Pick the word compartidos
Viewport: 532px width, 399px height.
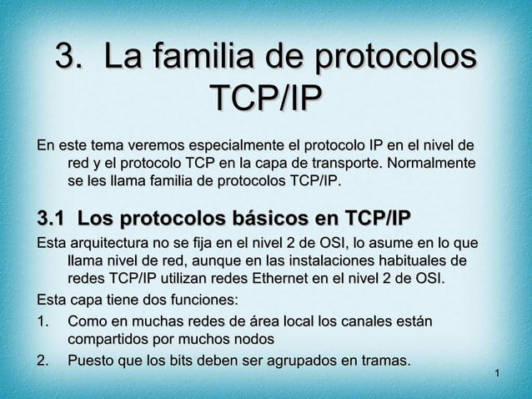[105, 340]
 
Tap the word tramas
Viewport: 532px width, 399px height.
[384, 361]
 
